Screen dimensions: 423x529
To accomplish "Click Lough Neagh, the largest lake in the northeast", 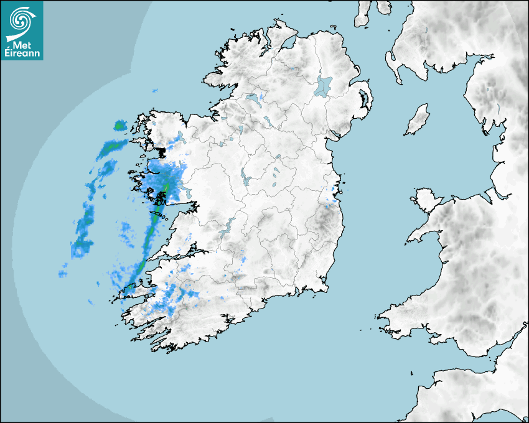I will [x=324, y=85].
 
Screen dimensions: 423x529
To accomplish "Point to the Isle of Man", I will [x=418, y=119].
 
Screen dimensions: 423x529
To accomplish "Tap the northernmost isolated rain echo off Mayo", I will [x=119, y=126].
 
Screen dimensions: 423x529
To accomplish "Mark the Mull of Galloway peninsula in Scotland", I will [x=395, y=65].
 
